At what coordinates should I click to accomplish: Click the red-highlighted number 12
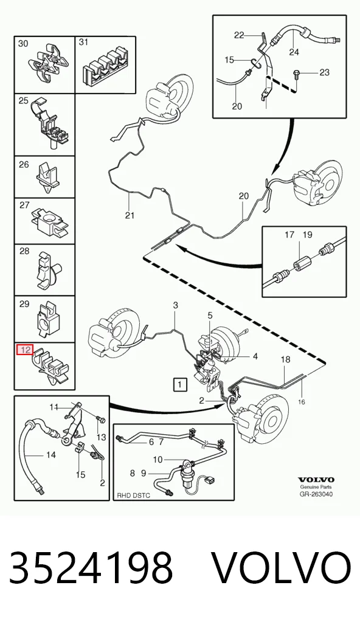point(24,350)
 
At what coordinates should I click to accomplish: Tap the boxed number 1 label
point(179,384)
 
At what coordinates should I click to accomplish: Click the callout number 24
point(294,51)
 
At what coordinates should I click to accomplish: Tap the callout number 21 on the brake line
point(130,215)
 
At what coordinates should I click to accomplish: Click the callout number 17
point(289,235)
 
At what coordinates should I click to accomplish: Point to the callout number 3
point(175,305)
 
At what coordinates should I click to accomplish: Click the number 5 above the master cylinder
point(210,315)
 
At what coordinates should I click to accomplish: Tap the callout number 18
point(285,359)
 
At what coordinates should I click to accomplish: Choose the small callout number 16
point(302,402)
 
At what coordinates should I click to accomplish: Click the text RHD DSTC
point(133,496)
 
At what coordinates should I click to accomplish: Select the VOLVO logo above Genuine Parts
point(316,480)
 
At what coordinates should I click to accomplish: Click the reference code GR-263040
point(316,494)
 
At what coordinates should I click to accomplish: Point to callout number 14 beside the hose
point(50,455)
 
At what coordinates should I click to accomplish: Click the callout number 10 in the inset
point(157,460)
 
